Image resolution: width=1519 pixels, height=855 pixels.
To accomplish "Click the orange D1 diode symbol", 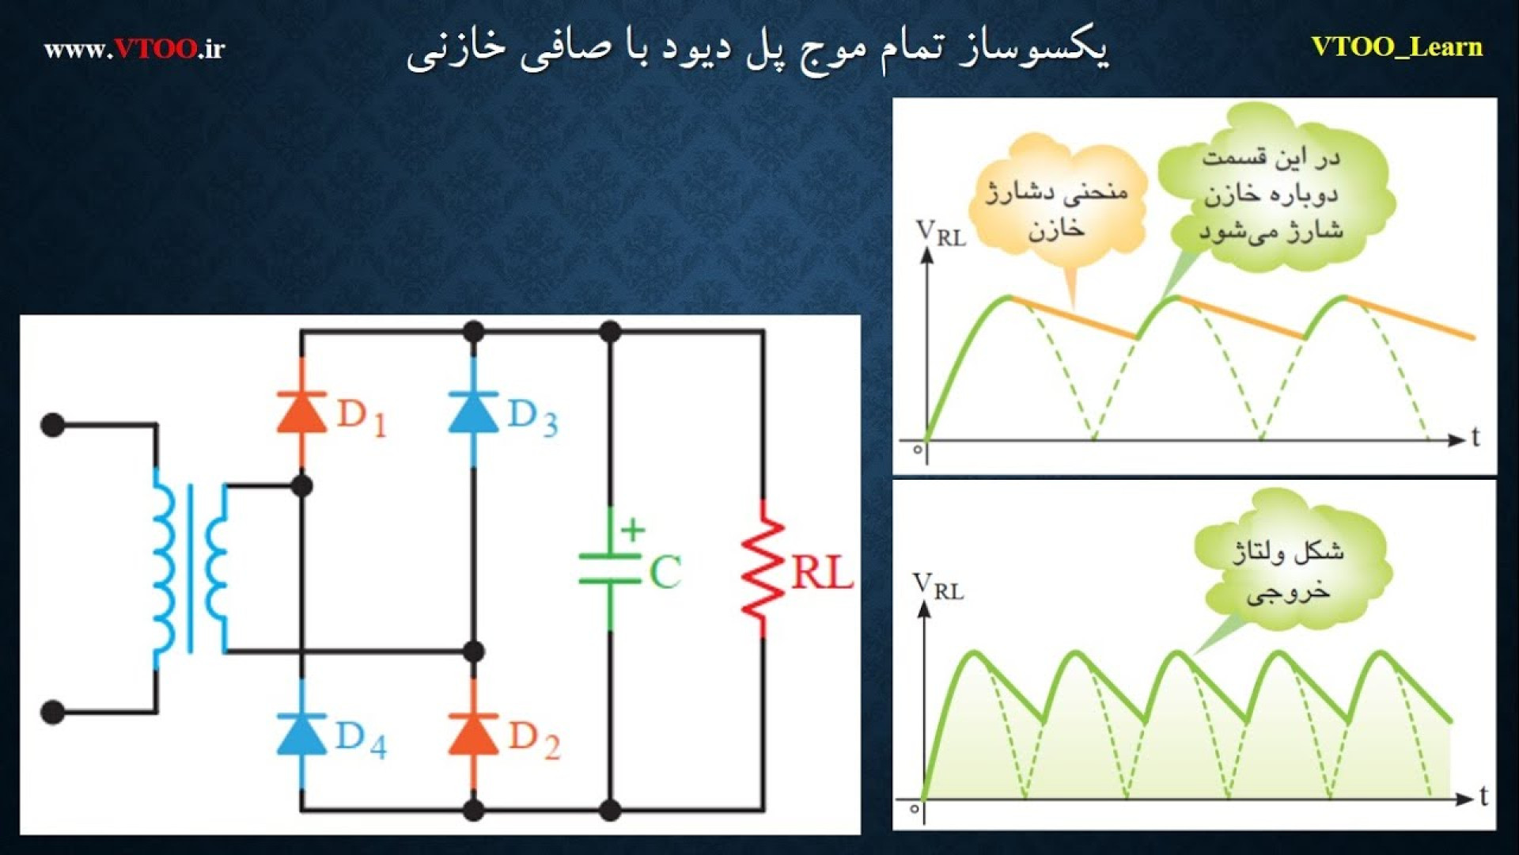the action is [301, 412].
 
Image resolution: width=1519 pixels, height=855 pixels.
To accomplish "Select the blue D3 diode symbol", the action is [473, 412].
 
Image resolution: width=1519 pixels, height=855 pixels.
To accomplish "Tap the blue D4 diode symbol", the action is [301, 733].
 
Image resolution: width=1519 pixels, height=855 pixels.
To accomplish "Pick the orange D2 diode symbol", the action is [473, 733].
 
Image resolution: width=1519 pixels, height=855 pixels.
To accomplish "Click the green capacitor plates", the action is [610, 568].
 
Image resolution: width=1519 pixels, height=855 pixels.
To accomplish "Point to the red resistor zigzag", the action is [763, 568].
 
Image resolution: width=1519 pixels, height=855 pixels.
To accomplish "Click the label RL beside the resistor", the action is [823, 573].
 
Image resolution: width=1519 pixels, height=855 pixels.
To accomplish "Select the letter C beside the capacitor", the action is [665, 572].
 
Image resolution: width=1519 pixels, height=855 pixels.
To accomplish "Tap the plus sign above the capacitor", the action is [632, 530].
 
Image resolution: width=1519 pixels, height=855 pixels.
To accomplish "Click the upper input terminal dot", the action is [52, 425].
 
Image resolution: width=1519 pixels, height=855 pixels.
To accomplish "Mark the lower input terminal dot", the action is [52, 712].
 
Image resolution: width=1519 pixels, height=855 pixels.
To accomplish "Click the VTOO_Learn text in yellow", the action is [1396, 47].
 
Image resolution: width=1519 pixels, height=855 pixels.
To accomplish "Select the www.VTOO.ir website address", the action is [134, 49].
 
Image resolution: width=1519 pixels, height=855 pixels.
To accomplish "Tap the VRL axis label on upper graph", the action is [941, 234].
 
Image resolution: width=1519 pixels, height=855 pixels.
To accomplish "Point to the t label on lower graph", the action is [1483, 796].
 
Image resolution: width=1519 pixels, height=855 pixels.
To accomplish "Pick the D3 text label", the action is [532, 417].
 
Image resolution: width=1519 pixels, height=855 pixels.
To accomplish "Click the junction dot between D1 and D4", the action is [301, 485].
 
